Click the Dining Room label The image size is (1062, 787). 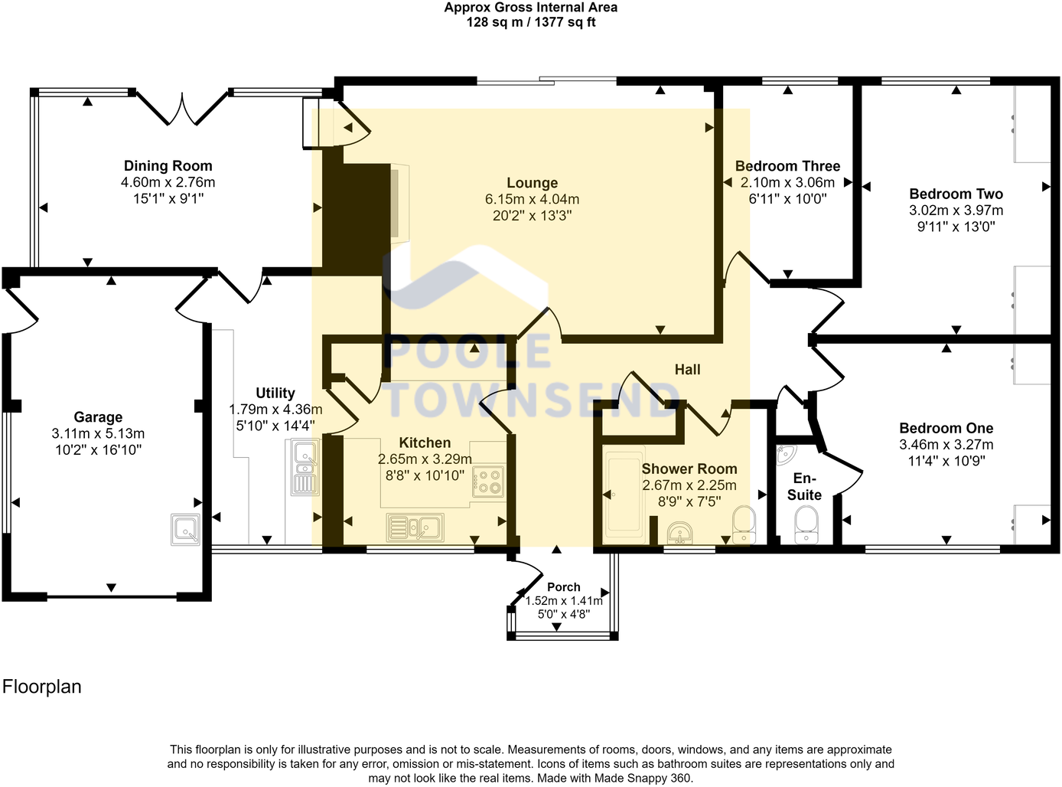coord(168,166)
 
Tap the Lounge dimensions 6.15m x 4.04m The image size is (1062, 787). coord(532,199)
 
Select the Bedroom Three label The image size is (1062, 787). coord(787,166)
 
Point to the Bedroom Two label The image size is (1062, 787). coord(956,194)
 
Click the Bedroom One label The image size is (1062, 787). coord(946,428)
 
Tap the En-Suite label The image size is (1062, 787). coord(804,487)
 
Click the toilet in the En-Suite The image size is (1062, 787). coord(806,525)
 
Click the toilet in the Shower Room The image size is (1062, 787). coord(742,524)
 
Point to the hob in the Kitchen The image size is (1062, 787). coord(488,482)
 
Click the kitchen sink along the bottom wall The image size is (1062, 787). coord(414,527)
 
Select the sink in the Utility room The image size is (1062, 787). coord(305,467)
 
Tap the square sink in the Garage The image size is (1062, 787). coord(184,529)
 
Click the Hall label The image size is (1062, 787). coord(687,370)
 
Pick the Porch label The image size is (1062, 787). coord(563,587)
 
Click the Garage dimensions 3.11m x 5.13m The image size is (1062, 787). coord(98,433)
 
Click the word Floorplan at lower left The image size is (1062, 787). coord(42,687)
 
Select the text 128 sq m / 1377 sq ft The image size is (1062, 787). coord(531,22)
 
